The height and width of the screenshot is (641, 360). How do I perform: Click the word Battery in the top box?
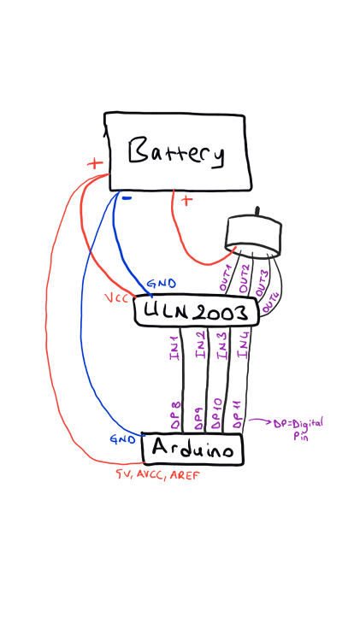point(176,153)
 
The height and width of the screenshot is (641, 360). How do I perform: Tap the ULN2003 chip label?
point(196,312)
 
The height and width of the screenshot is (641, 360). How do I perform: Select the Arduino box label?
point(192,449)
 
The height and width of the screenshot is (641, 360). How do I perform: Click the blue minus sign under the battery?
point(127,198)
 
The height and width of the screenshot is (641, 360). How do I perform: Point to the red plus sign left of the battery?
point(95,164)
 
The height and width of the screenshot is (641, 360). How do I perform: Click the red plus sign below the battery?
point(186,200)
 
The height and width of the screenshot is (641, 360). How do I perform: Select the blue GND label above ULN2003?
point(161,283)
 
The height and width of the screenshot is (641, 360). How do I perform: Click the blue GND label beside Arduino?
point(123,439)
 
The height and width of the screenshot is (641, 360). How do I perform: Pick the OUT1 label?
point(226,278)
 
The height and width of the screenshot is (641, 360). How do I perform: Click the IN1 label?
point(174,349)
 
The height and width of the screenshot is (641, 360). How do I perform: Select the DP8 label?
point(175,415)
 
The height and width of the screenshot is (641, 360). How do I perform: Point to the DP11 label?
point(238,415)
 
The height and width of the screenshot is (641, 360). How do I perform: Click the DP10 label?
point(217,415)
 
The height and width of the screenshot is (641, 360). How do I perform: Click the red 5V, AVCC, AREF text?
point(158,475)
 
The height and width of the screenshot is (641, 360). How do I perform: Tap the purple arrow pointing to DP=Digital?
point(260,420)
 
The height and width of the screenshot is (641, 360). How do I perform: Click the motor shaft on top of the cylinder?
point(257,212)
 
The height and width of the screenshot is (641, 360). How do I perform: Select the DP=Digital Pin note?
point(298,428)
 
